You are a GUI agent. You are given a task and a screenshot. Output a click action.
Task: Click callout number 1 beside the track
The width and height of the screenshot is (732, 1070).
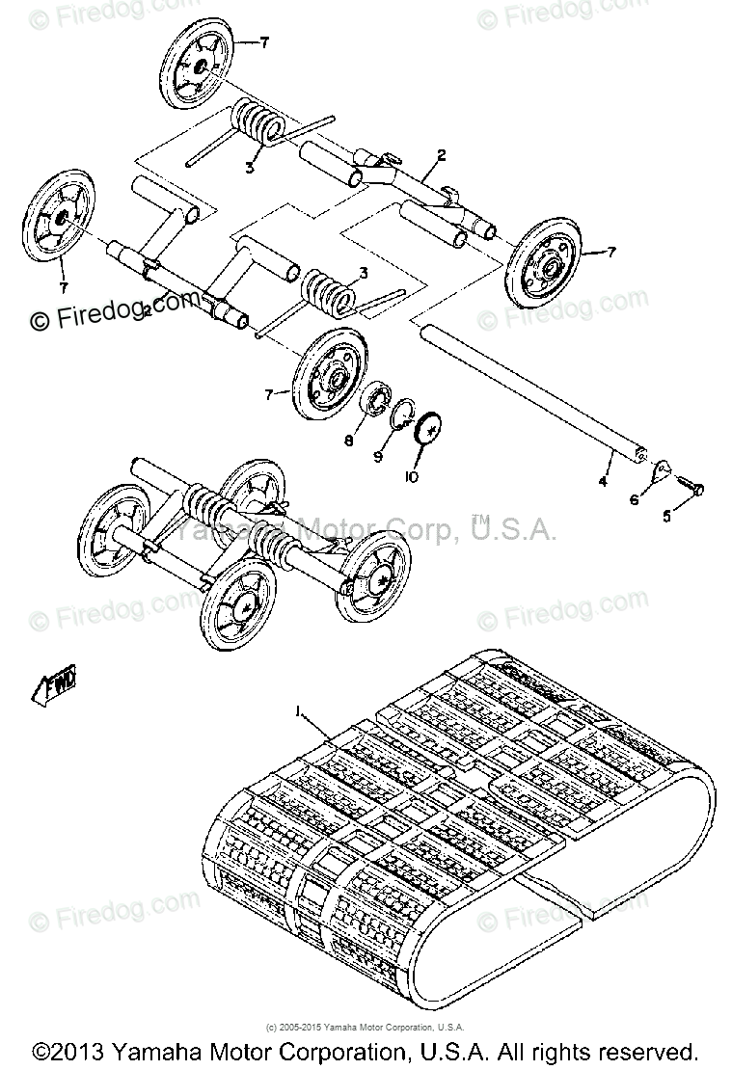coord(301,713)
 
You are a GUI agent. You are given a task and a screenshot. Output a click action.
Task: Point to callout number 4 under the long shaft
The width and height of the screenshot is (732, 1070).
coord(602,479)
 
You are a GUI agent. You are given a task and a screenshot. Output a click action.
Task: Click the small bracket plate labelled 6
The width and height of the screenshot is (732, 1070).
coord(660,471)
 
